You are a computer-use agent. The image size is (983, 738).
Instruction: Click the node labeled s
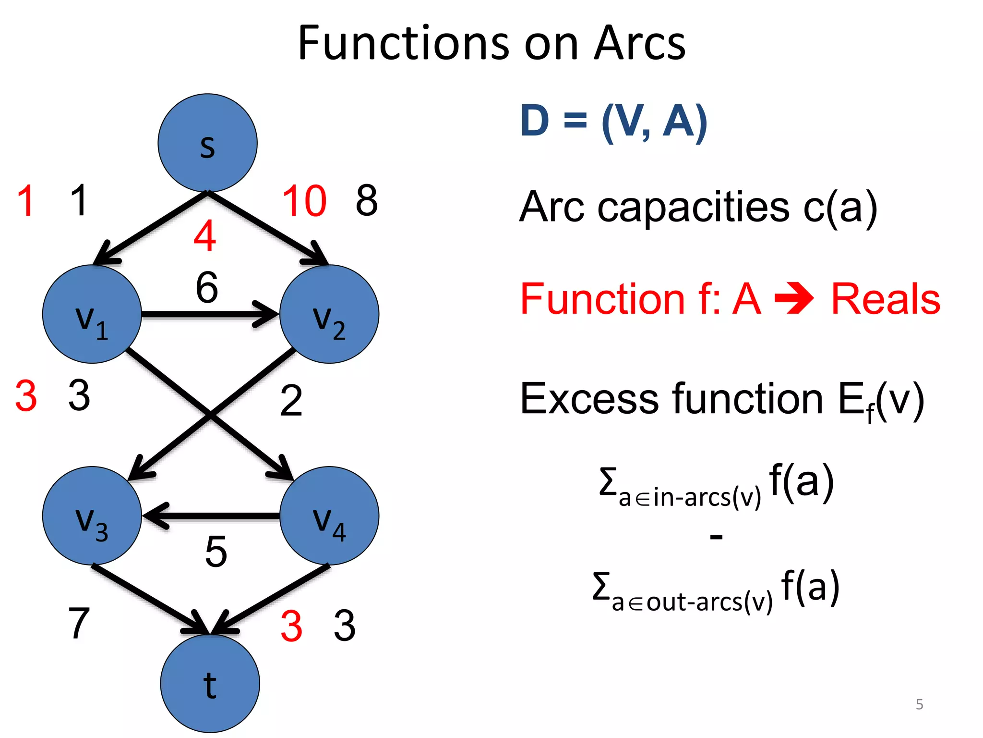[207, 143]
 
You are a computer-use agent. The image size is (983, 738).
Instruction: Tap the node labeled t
[210, 683]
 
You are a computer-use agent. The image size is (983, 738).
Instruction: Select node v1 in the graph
[92, 314]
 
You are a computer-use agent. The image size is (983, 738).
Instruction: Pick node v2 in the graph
[329, 314]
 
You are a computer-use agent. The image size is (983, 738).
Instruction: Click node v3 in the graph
[92, 516]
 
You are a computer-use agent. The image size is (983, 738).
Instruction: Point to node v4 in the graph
[329, 516]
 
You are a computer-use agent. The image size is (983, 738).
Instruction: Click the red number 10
[304, 201]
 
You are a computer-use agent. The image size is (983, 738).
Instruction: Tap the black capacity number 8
[367, 200]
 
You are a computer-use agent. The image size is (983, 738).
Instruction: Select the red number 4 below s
[205, 236]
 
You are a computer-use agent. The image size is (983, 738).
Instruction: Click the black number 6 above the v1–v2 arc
[207, 287]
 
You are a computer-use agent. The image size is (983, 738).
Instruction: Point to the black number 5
[216, 552]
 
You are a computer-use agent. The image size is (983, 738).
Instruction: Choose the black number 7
[79, 623]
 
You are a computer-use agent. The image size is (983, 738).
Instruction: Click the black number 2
[291, 401]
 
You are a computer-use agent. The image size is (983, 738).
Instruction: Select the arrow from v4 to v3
[211, 516]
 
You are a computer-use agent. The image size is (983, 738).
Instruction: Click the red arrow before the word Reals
[794, 299]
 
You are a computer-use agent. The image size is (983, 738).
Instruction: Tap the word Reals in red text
[886, 299]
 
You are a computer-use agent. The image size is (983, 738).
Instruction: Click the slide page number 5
[919, 704]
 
